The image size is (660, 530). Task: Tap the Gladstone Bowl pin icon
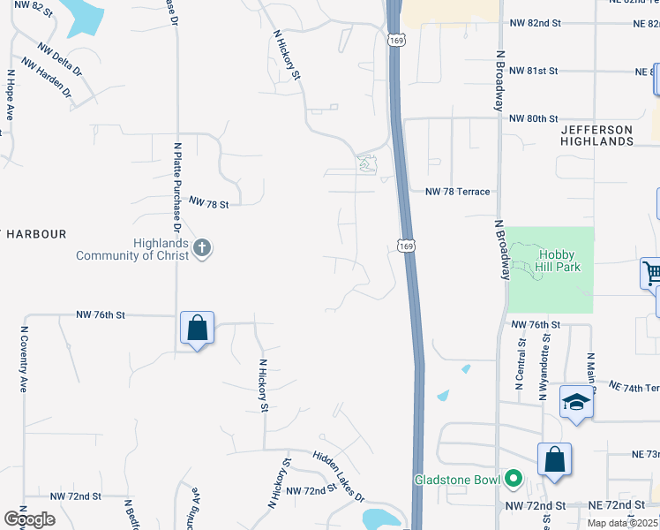point(511,480)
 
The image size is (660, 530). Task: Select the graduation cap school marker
point(576,403)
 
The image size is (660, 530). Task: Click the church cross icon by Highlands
point(202,248)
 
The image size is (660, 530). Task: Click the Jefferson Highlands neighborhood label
point(597,135)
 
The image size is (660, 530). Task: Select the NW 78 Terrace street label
point(457,192)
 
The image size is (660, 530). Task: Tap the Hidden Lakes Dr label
point(339,477)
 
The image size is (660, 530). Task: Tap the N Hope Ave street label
point(11,95)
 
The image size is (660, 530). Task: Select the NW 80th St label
point(533,118)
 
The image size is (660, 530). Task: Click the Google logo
point(29,519)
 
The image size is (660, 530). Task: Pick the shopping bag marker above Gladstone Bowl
point(554,460)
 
